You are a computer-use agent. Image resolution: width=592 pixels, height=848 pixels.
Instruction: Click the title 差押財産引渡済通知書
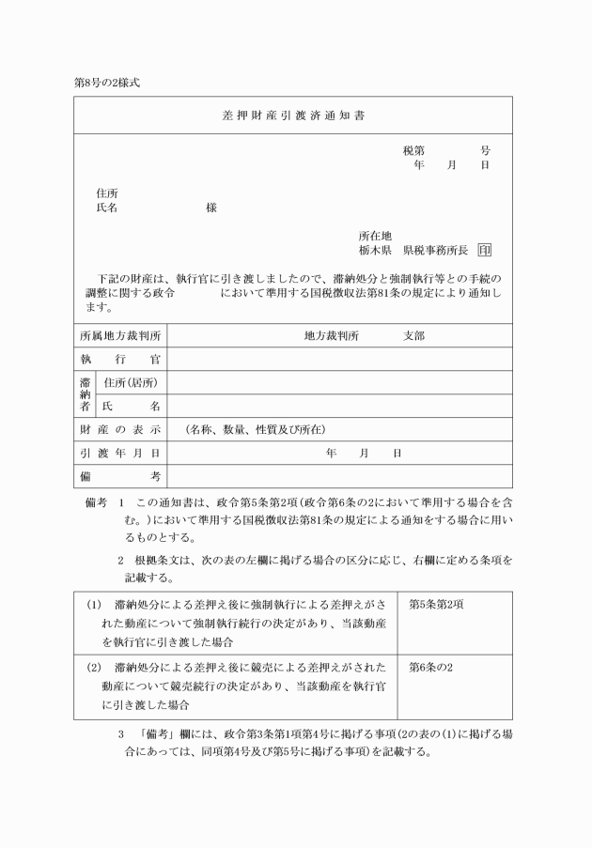coord(293,117)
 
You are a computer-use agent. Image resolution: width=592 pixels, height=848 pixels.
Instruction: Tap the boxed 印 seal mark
coord(484,251)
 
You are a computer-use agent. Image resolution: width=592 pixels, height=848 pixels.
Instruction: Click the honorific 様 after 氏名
coord(211,208)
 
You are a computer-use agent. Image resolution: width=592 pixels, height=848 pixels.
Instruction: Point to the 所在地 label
coord(374,236)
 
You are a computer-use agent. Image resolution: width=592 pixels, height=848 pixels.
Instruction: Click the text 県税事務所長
coord(435,251)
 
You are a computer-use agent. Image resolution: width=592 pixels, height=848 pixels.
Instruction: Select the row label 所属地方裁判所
coord(120,335)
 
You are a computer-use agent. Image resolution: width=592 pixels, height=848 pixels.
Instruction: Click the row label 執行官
coord(120,359)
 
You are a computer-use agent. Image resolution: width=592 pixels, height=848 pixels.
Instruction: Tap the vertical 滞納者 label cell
coord(85,393)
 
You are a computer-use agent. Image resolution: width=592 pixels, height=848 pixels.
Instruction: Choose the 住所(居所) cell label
coord(131,382)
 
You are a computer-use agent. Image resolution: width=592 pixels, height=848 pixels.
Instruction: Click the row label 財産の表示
coord(120,429)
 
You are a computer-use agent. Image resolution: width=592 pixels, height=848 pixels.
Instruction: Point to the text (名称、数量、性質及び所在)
coord(255,429)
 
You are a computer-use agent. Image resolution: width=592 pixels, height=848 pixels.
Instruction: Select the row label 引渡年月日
coord(120,453)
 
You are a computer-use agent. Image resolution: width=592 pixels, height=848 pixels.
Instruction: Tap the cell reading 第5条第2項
coord(437,604)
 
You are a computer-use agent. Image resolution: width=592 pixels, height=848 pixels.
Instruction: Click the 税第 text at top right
coord(413,150)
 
